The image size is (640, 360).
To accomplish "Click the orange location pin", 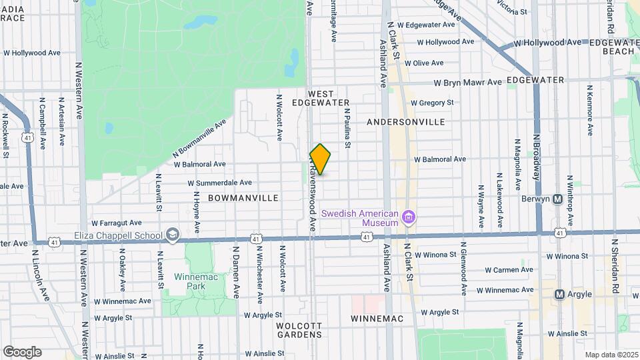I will (x=320, y=159).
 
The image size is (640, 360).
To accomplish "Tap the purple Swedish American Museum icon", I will (x=410, y=217).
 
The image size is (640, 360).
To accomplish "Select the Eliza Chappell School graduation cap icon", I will (x=173, y=235).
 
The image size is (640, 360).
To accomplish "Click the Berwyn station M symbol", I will (x=558, y=199).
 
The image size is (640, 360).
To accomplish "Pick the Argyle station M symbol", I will (x=559, y=294).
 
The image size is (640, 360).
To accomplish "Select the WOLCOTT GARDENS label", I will (x=299, y=330).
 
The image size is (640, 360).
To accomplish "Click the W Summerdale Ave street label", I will (x=219, y=182).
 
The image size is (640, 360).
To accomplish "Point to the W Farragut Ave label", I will (x=117, y=223).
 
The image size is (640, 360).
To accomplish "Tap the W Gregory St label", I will (x=432, y=103).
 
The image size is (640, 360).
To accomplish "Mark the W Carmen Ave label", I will (x=509, y=270).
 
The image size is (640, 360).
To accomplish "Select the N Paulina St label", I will (x=347, y=130).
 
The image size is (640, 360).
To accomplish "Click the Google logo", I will (x=22, y=351).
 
